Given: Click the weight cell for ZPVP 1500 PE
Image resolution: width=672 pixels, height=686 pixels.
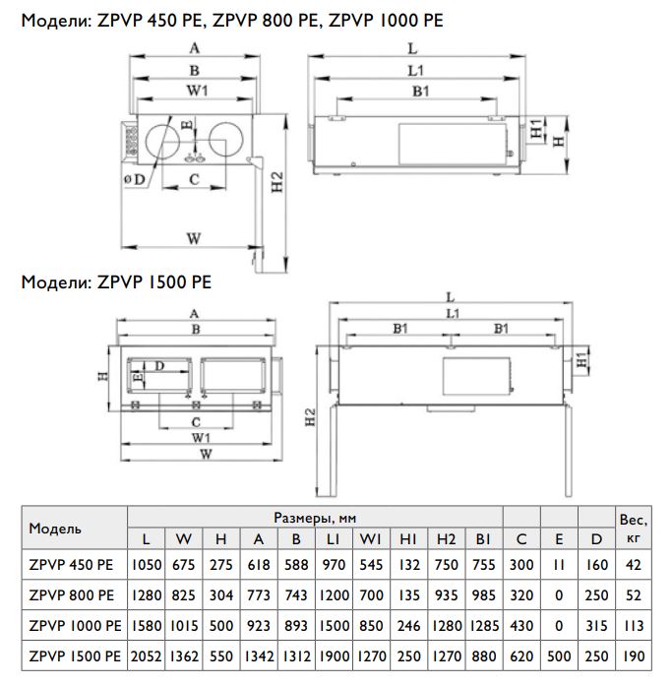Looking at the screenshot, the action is pos(634,656).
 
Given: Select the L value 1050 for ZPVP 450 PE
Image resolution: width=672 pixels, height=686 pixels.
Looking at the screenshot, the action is pos(147,565).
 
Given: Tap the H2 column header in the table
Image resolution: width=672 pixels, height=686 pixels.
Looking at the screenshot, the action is pos(446,539).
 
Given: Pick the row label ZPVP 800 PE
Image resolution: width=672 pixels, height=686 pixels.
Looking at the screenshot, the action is pos(71,595).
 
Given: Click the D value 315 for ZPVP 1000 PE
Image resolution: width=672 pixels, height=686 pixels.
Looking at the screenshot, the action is pos(596,626).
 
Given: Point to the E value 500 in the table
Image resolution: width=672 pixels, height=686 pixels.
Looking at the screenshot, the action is pos(559,656).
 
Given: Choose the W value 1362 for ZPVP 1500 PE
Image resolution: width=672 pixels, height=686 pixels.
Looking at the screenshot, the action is pos(184,656).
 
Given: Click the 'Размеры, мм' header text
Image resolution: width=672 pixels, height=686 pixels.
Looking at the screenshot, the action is pos(315,518).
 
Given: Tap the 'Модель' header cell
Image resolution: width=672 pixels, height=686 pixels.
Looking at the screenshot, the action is pos(55,529).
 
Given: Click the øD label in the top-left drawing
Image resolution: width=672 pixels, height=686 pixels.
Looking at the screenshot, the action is pos(134,179).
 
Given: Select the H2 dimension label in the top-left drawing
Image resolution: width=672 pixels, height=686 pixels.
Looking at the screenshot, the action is pos(277,182).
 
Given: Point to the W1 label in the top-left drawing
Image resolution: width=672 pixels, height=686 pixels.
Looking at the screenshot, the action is pos(198,91).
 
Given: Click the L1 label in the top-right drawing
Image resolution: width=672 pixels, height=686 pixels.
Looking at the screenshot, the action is pos(416,71).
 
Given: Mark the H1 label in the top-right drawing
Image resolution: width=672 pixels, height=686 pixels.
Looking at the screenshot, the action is pos(536,128).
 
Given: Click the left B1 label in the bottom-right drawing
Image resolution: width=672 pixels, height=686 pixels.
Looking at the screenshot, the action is pos(400,328).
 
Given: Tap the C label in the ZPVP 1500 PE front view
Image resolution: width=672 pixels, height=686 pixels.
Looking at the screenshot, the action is pos(196,422).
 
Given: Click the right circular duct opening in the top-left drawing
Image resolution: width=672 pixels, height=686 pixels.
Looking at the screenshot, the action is pos(225,142).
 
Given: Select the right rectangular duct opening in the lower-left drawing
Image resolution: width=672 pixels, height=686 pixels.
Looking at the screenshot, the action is pos(232,375).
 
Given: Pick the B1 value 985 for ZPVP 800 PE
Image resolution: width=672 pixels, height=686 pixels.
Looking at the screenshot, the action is pos(483,595).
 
